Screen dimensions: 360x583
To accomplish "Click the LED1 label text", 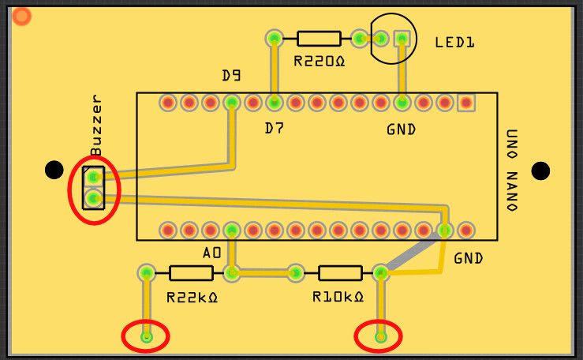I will point(455,43).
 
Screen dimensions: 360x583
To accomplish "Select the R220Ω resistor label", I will point(320,61).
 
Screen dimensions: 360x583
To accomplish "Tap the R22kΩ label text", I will point(192,298).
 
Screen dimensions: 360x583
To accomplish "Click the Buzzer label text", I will point(97,126).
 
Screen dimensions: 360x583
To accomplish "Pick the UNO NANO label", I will point(511,170).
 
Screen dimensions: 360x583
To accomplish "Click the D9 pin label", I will point(231,76).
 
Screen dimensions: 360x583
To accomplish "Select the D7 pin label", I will point(275,128).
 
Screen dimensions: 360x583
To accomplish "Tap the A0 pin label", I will point(211,253).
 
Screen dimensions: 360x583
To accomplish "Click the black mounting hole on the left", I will point(54,170).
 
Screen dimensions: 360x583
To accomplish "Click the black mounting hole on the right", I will point(540,171).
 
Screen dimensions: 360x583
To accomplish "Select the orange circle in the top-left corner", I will point(22,16).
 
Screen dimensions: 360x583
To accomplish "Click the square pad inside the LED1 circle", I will point(402,38).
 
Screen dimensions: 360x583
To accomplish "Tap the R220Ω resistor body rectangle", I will point(319,38).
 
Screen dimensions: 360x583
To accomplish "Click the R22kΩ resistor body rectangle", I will point(191,273).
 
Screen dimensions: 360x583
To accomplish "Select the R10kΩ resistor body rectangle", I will point(340,273).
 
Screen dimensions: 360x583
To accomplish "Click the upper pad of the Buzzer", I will point(94,177).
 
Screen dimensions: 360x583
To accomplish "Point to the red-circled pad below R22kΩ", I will point(146,337).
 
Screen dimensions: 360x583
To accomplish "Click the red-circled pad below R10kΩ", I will point(380,337).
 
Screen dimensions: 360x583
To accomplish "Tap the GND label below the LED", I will point(401,129).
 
